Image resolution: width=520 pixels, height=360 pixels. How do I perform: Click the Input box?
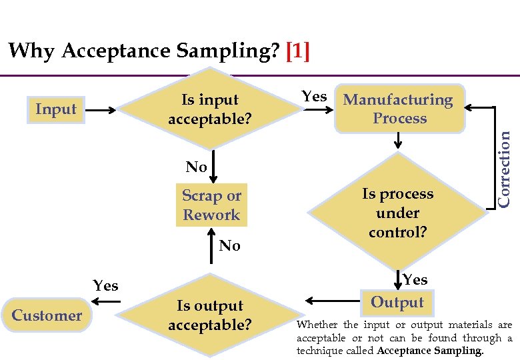[x=56, y=109]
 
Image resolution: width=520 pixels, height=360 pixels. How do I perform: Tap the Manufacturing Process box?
[x=399, y=109]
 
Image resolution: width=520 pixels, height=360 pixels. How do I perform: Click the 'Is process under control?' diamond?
[x=397, y=213]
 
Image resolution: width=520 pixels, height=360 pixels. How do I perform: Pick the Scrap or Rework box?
[x=211, y=205]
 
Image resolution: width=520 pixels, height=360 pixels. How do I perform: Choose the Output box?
[x=397, y=302]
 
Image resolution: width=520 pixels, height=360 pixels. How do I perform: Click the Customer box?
[x=47, y=315]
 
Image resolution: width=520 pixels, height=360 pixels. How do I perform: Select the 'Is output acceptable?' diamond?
[x=210, y=315]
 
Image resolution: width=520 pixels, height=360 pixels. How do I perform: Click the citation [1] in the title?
[x=297, y=51]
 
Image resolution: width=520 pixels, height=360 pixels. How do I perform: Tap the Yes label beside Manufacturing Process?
[x=314, y=97]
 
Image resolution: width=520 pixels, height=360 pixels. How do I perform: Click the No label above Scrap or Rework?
[x=196, y=167]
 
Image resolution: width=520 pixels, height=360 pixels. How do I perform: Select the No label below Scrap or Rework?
[x=229, y=246]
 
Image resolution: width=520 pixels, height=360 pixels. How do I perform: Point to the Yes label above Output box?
[x=415, y=279]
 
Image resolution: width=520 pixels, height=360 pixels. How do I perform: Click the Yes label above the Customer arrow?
[x=105, y=286]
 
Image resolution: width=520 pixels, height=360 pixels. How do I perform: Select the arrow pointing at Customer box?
[x=109, y=304]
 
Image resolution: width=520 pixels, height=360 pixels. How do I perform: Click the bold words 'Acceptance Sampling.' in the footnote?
[x=429, y=351]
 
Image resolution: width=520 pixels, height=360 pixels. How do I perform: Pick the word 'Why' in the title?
[x=32, y=51]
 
